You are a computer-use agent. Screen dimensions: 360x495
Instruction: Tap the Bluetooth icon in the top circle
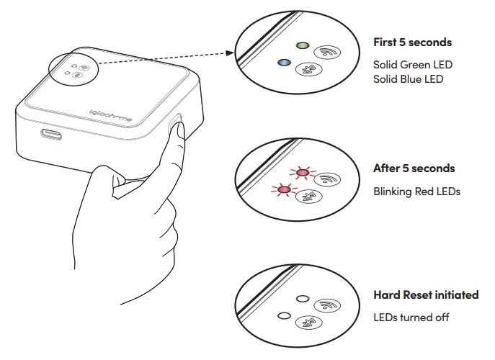[310, 69]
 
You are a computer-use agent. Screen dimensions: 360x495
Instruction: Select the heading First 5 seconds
[412, 42]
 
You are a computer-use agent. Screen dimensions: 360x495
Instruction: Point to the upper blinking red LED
[303, 173]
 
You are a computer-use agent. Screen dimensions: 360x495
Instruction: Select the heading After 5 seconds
[414, 168]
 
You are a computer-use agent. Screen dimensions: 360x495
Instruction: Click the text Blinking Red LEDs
[416, 192]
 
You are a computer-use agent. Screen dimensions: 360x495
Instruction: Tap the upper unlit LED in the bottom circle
[303, 298]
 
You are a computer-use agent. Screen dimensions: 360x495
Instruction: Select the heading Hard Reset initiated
[425, 294]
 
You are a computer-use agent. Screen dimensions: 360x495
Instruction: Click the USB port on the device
[51, 134]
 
